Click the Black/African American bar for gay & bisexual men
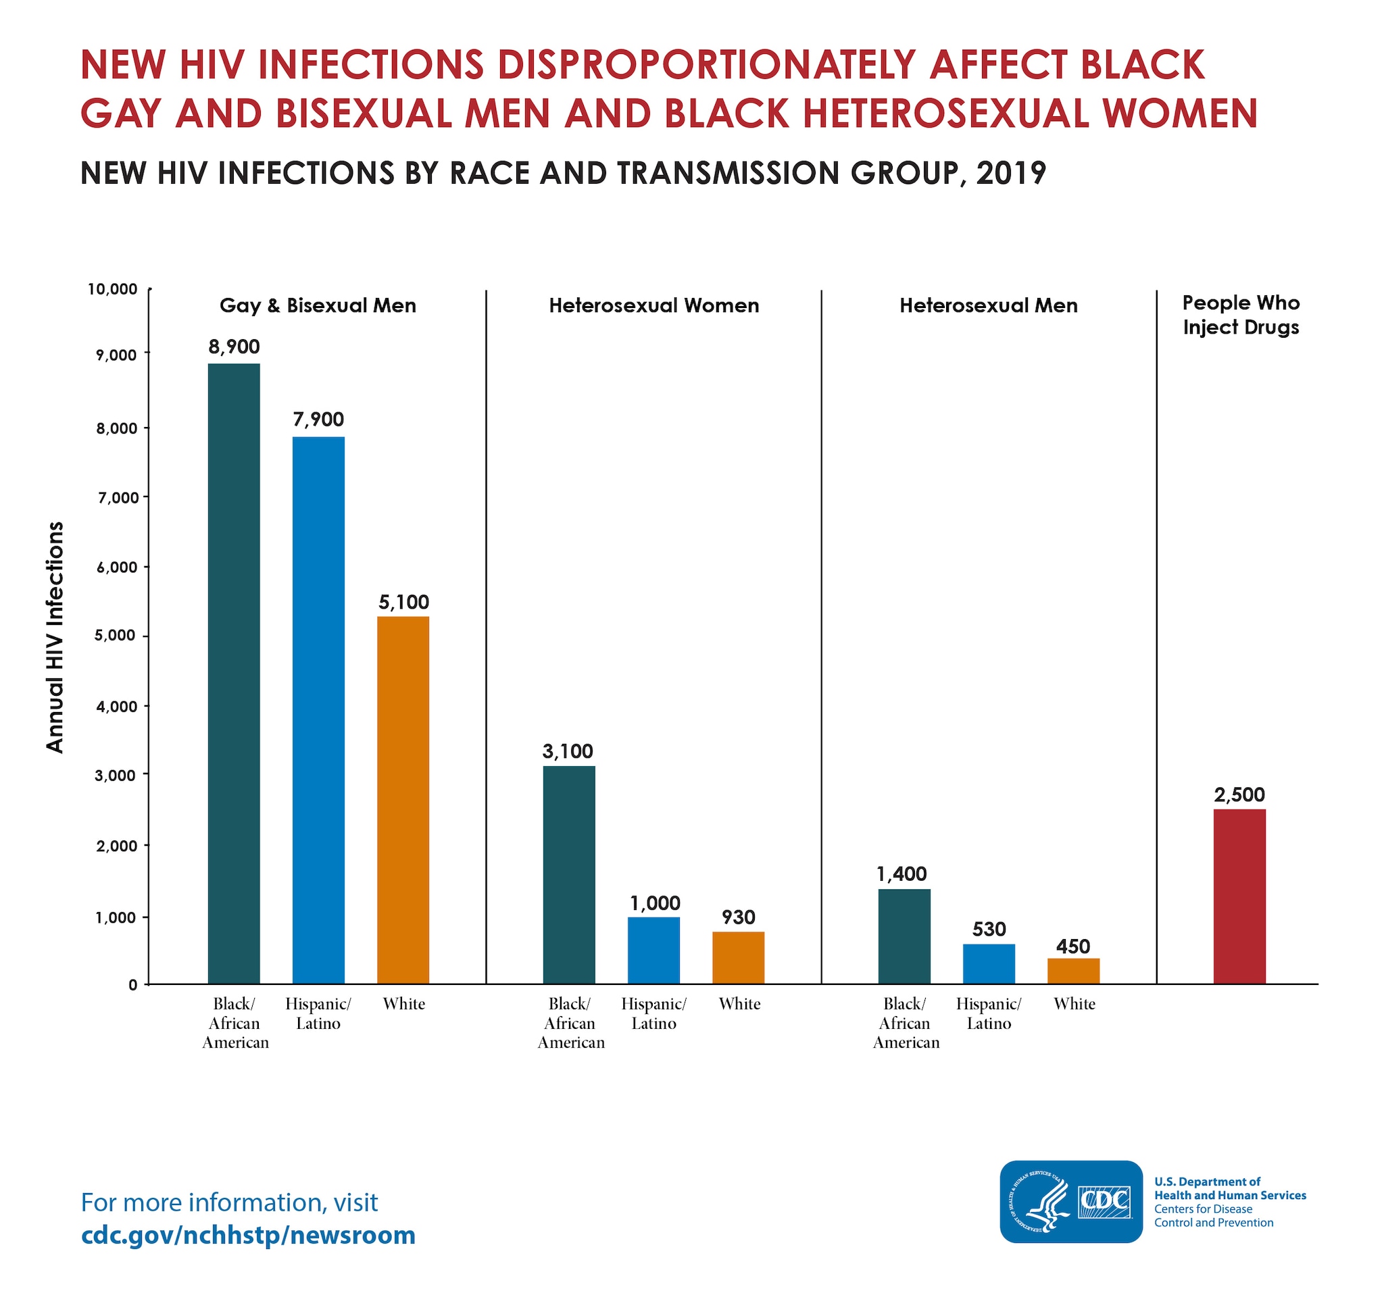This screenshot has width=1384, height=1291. [x=234, y=673]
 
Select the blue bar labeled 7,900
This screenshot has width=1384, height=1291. [x=318, y=710]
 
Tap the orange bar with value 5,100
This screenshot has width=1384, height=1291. [x=403, y=800]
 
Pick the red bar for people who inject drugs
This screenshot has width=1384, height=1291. [x=1239, y=896]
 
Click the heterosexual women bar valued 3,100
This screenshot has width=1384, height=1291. [x=569, y=874]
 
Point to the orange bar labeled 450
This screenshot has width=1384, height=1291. [x=1073, y=971]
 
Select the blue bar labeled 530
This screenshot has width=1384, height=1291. [x=989, y=963]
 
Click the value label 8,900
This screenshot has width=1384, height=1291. [x=234, y=347]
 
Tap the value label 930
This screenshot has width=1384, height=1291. [x=738, y=917]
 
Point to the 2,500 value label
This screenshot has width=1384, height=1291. [x=1239, y=794]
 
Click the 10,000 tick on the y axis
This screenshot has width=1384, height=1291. [x=112, y=289]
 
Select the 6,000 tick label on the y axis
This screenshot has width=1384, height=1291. [x=116, y=567]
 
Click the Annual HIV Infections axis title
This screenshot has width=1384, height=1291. [x=55, y=637]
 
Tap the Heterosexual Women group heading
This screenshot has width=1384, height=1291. [x=653, y=305]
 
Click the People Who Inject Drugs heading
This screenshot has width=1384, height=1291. [x=1241, y=315]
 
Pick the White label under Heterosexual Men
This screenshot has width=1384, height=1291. [x=1074, y=1004]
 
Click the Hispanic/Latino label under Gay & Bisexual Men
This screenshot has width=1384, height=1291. [x=318, y=1013]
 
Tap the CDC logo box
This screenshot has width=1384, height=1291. [x=1070, y=1201]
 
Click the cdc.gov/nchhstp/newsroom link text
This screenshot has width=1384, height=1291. [x=248, y=1235]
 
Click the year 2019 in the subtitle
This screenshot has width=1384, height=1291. [x=1011, y=174]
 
